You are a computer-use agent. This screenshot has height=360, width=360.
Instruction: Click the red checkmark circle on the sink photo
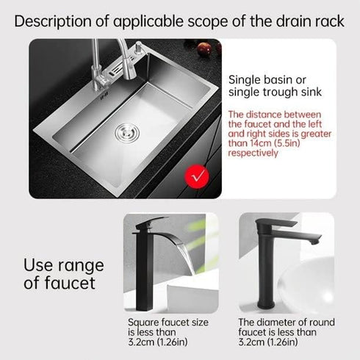195,176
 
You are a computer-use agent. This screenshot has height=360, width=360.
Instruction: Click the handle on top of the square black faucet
162,223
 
